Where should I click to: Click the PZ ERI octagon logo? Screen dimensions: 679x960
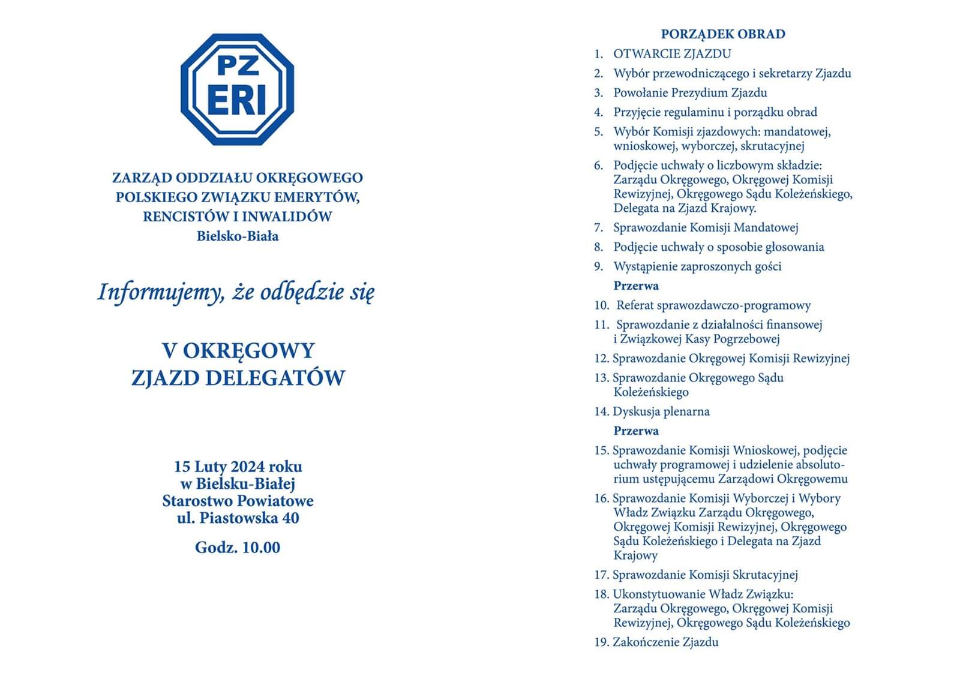coord(238,89)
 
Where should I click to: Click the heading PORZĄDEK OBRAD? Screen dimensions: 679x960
coord(722,34)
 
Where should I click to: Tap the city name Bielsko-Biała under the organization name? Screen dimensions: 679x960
coord(238,236)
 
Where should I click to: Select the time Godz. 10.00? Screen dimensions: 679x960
coord(238,547)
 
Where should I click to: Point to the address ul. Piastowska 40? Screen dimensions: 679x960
coord(238,518)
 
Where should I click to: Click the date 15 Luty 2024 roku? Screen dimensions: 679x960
coord(238,467)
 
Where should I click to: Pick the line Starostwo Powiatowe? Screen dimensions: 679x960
coord(238,500)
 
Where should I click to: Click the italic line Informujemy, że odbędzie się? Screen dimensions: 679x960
coord(236,293)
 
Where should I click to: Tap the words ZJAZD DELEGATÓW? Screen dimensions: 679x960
coord(238,378)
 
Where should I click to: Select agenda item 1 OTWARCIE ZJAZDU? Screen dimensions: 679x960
coord(671,54)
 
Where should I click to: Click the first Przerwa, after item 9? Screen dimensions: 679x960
coord(635,286)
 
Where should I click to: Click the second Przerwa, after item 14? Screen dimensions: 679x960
coord(635,431)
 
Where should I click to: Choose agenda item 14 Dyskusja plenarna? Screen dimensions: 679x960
coord(660,411)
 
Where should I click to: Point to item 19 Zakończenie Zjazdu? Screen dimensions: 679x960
coord(665,642)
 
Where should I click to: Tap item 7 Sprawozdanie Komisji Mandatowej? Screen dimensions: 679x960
coord(705,227)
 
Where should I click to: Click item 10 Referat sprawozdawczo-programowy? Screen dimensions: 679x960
coord(713,305)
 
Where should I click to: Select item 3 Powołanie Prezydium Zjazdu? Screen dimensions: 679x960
coord(689,93)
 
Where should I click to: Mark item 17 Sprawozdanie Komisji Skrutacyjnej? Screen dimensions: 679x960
coord(704,575)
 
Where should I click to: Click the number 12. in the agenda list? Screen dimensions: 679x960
coord(601,359)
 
